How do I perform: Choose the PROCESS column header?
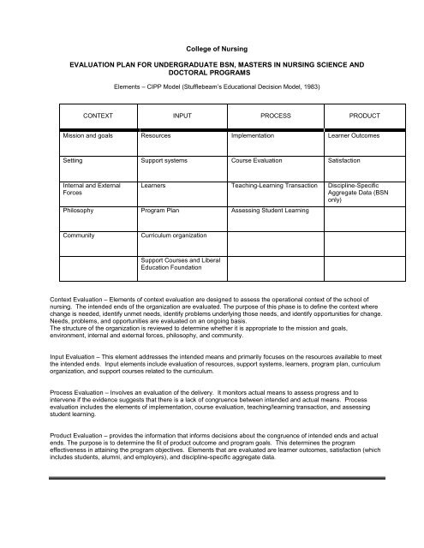click(272, 114)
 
